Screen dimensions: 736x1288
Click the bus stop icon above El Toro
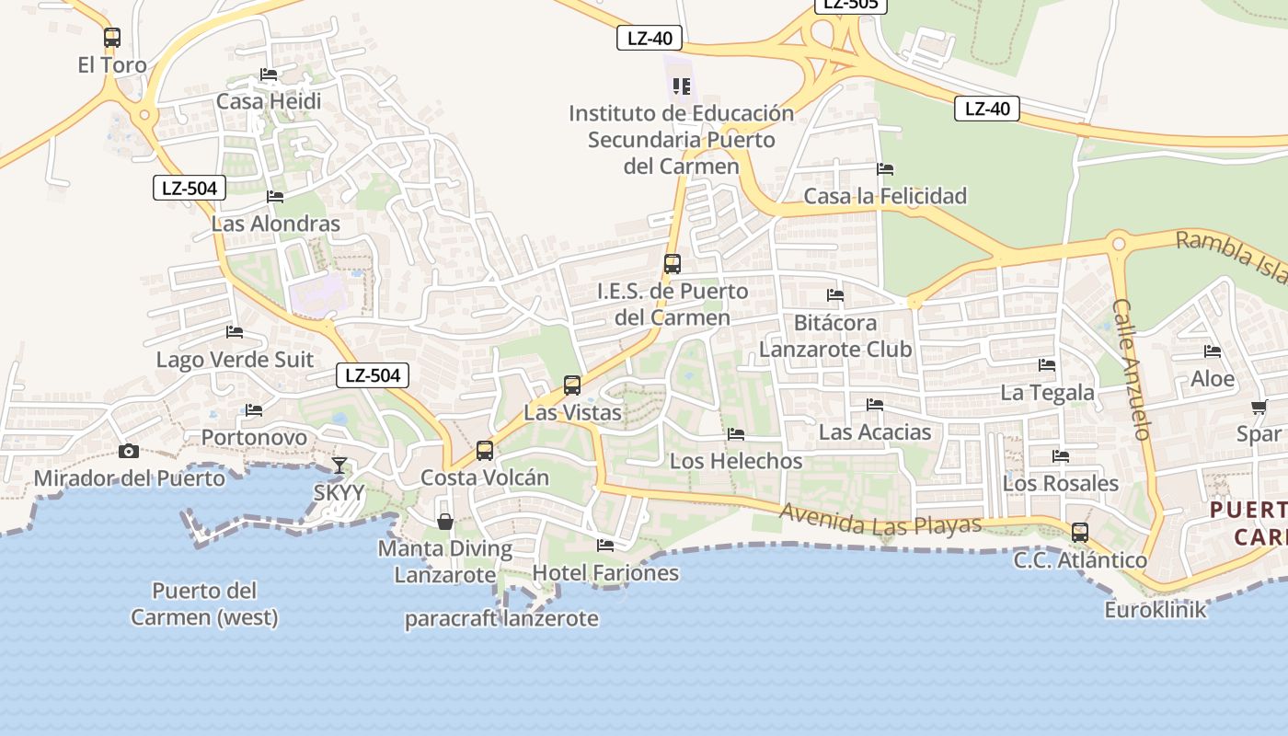pos(112,38)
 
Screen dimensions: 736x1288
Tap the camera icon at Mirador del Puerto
pos(129,451)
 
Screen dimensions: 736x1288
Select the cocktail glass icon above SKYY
pos(339,465)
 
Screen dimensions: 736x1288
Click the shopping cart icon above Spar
pos(1259,407)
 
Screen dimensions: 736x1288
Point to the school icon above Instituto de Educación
pos(681,86)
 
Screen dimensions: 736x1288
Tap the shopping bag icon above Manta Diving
pos(445,522)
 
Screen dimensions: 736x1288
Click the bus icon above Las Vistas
pos(572,385)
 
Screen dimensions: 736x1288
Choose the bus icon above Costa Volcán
pos(485,451)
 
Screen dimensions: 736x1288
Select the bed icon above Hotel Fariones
pos(605,546)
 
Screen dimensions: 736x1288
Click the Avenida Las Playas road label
pos(880,521)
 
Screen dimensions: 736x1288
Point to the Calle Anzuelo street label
pos(1132,368)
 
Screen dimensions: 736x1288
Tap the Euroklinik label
pos(1155,609)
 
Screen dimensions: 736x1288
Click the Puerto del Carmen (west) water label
pos(204,604)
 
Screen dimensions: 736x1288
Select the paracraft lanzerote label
pos(501,619)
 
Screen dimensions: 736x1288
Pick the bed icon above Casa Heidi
pos(269,75)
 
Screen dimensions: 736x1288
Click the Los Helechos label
pos(736,461)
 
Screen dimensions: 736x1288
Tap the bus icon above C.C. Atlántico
pos(1080,533)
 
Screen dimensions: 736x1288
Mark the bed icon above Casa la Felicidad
pos(885,169)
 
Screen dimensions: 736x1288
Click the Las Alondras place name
pos(275,224)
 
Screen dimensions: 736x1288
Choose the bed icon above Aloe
pos(1213,351)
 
